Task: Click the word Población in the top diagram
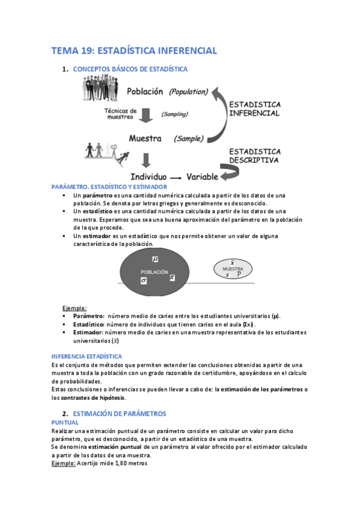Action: click(145, 92)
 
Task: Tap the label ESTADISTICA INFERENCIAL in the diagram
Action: click(255, 108)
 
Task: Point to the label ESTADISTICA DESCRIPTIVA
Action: click(254, 156)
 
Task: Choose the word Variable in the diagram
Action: click(204, 177)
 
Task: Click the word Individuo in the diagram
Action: click(149, 178)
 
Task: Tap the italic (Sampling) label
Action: click(175, 114)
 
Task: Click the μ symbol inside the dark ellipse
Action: click(155, 259)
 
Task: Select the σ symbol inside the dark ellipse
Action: click(144, 280)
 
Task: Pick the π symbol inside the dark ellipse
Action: click(172, 277)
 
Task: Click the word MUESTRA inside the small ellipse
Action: click(228, 268)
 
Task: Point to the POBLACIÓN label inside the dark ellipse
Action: click(154, 271)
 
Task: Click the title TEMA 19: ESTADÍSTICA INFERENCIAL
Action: click(134, 51)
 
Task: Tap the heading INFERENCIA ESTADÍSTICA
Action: click(87, 356)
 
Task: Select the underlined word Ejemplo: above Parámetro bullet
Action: click(75, 308)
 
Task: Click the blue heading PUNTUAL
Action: click(65, 422)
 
